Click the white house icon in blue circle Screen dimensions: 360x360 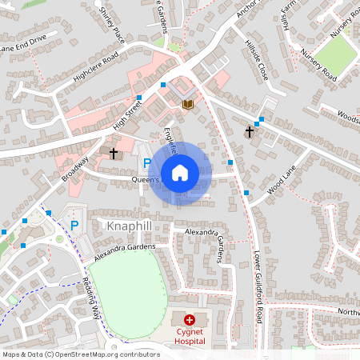click(180, 173)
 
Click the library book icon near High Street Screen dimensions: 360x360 click(188, 104)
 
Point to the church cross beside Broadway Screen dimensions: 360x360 click(114, 152)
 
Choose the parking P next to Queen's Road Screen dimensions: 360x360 click(146, 163)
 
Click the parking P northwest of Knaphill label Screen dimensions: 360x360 click(74, 225)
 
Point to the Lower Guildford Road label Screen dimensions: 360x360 click(258, 289)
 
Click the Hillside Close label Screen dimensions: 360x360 click(256, 59)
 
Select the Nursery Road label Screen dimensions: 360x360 click(318, 65)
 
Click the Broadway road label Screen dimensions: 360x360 click(75, 167)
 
